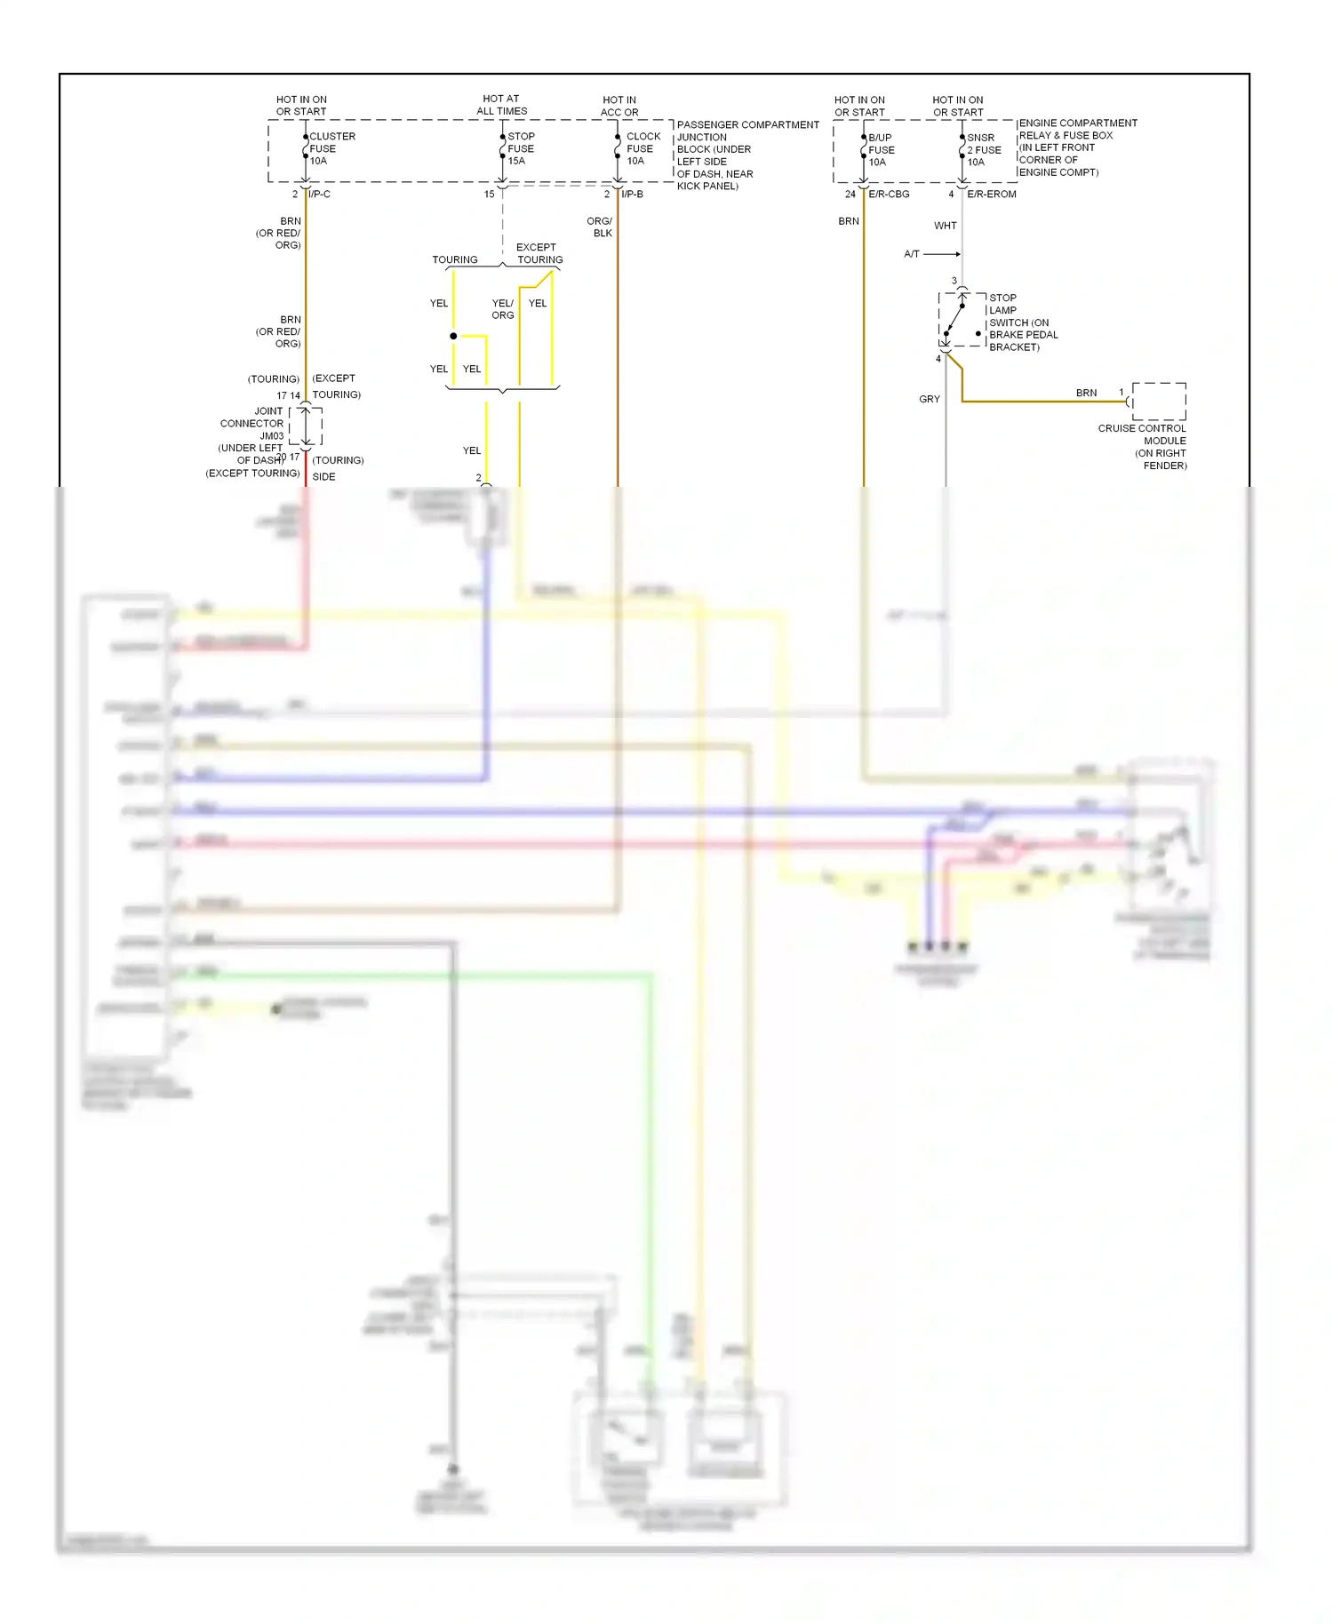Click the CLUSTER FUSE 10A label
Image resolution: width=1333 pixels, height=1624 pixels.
point(331,148)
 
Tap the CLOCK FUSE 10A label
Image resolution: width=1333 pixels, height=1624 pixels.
point(642,148)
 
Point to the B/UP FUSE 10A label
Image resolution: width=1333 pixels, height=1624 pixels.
point(880,150)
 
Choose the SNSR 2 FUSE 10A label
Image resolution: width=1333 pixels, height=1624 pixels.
point(983,150)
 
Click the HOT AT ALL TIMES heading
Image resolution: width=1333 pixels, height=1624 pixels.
point(501,105)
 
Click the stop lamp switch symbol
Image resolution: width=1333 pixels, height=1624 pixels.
point(960,320)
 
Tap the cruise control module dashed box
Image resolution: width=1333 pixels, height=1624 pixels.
point(1158,402)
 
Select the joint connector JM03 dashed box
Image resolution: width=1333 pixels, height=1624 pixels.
point(306,426)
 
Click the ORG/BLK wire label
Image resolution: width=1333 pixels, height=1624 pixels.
point(600,227)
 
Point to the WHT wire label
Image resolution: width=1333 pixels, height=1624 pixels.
point(945,226)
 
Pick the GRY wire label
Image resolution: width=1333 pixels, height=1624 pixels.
point(929,400)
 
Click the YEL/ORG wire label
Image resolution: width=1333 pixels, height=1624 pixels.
point(503,309)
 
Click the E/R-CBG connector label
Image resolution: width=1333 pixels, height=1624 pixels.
point(889,194)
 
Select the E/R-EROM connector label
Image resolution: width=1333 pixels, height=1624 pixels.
point(991,194)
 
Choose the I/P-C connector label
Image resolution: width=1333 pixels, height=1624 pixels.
point(319,194)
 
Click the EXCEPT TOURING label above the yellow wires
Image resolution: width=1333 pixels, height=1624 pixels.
point(539,253)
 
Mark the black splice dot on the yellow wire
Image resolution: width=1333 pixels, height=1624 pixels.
point(453,336)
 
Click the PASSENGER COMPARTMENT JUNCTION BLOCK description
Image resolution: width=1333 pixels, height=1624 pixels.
point(746,155)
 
